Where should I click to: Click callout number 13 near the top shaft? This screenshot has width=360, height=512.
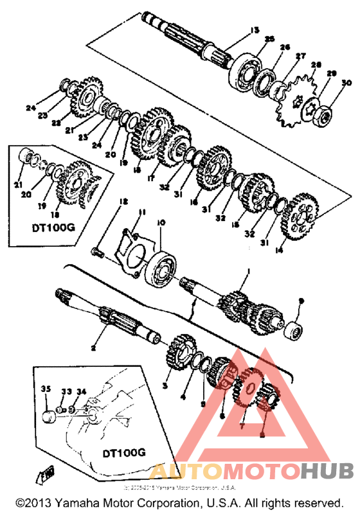(254, 30)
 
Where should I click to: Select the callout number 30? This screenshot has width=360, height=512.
(346, 83)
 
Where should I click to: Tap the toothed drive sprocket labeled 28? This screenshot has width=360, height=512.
(294, 100)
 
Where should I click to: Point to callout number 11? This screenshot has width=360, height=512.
(142, 211)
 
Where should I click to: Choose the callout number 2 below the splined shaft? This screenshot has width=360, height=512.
(93, 348)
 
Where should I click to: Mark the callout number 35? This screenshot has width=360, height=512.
(45, 389)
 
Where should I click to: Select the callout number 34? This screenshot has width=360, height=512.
(81, 391)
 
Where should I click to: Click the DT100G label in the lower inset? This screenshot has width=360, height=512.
(123, 452)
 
